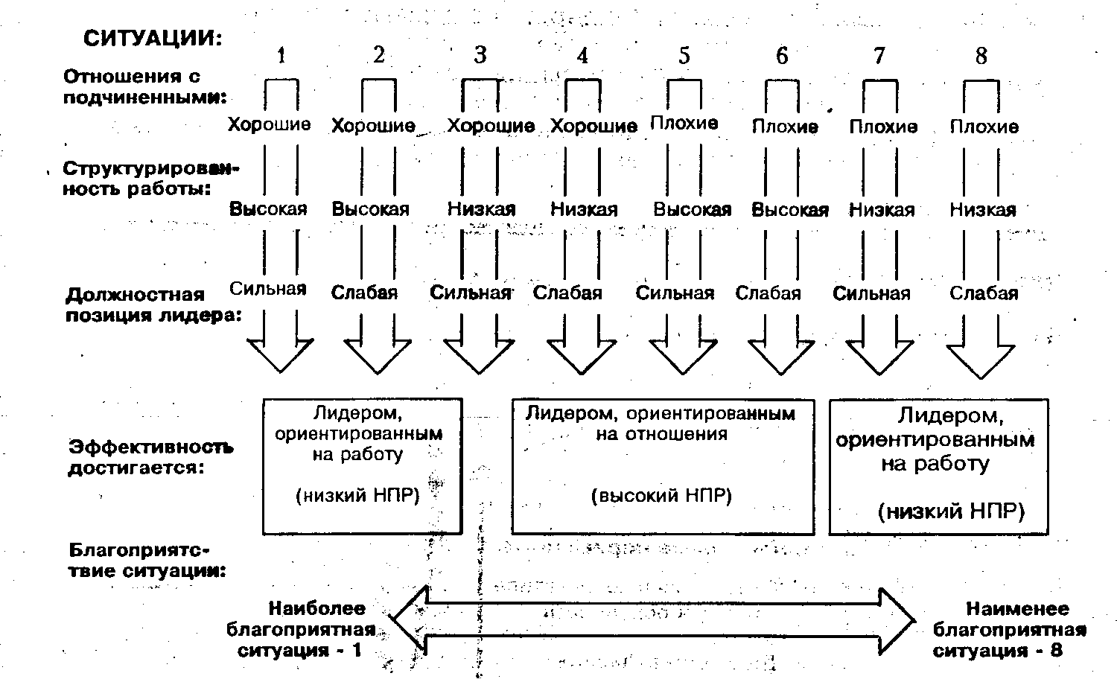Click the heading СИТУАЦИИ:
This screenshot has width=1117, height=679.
click(153, 39)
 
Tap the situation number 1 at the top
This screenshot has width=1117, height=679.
click(281, 56)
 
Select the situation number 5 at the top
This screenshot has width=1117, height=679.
click(684, 56)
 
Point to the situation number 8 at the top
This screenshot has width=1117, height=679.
click(981, 56)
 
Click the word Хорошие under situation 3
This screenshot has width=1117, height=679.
click(491, 126)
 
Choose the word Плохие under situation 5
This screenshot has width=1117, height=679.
click(684, 123)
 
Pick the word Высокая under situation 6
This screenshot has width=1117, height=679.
click(790, 210)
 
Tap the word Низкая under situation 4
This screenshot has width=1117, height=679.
click(584, 210)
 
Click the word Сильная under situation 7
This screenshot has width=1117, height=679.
click(871, 293)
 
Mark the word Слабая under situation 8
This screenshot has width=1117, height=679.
click(983, 293)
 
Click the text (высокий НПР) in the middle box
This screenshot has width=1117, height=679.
click(661, 496)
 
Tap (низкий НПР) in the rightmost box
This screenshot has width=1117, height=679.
click(951, 511)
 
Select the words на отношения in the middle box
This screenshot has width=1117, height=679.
click(661, 434)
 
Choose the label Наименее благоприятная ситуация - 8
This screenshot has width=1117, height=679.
click(1009, 629)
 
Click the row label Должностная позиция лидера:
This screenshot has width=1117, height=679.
click(153, 305)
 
